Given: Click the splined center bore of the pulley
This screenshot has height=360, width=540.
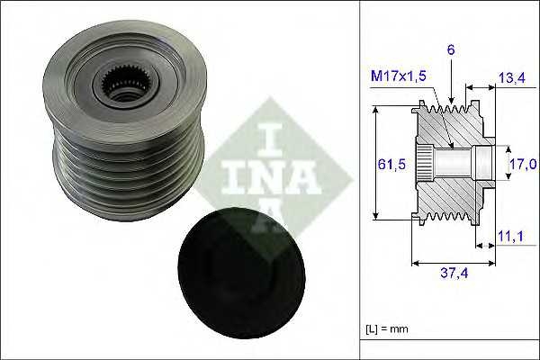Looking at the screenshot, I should point(124,85).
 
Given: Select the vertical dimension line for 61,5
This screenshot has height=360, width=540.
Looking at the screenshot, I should point(374,163).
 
